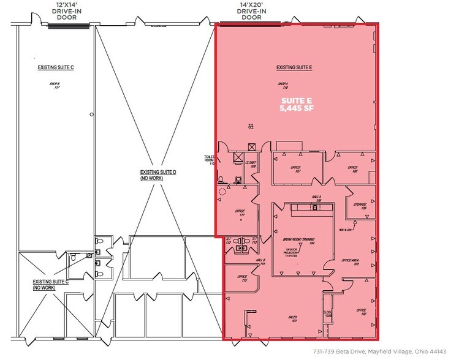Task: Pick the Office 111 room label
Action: [240, 213]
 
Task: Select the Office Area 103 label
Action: [355, 262]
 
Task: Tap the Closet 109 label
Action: [251, 165]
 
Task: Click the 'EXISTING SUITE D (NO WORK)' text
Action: [158, 175]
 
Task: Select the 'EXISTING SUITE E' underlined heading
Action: [294, 67]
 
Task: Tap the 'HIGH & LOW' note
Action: [346, 230]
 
